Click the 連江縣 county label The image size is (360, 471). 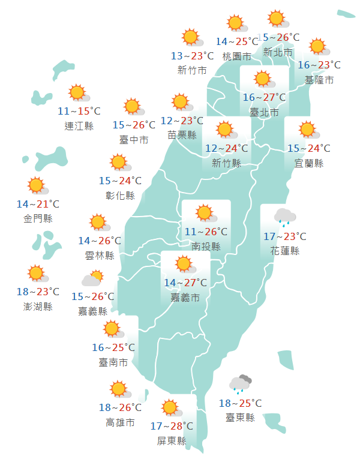[79, 126]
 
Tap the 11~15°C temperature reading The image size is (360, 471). [79, 111]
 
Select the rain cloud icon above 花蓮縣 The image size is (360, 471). [284, 216]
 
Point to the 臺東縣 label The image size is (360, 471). [240, 418]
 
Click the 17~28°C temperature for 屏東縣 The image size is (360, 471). [172, 426]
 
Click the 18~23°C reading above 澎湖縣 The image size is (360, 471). [38, 292]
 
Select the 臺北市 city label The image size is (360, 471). [264, 112]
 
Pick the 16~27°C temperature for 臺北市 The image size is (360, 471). [264, 97]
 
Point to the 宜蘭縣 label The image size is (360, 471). [309, 163]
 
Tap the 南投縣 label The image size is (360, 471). [206, 247]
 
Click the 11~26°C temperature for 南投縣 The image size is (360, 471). [206, 231]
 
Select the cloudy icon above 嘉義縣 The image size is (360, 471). [92, 279]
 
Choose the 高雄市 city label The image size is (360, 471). [120, 423]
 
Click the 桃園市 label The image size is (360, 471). [236, 56]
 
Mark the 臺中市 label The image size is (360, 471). [134, 140]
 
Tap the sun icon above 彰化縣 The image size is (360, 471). [119, 163]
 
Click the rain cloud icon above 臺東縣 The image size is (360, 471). [240, 384]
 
